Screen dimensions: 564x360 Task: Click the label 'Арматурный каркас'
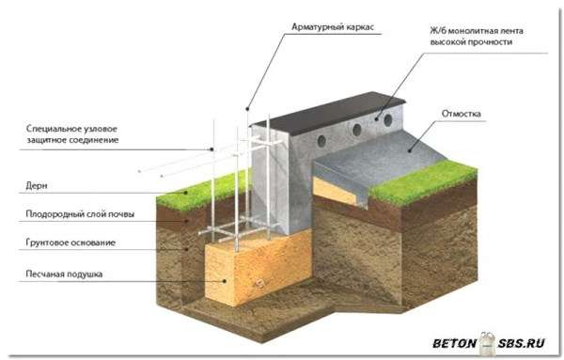(333, 27)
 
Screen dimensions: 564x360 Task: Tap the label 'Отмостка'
(461, 114)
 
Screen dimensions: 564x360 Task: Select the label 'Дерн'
(37, 186)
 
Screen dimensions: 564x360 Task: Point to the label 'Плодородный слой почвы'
(80, 214)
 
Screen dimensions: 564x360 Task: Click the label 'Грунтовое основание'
(70, 243)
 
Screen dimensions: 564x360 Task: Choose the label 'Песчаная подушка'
(64, 274)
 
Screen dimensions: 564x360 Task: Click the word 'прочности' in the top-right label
(490, 42)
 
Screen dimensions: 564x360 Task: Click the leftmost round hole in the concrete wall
(321, 141)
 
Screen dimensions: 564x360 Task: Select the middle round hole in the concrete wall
(357, 130)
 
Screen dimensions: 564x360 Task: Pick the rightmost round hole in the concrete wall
(387, 120)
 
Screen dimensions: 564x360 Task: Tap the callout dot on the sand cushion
(226, 281)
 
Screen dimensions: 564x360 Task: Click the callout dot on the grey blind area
(409, 151)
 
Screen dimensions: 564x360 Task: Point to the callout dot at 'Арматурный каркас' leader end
(247, 109)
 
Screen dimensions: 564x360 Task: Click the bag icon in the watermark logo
(487, 343)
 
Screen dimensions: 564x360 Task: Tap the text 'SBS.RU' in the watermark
(521, 343)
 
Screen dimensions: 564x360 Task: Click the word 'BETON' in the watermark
(454, 343)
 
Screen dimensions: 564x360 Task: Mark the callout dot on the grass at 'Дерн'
(186, 193)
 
